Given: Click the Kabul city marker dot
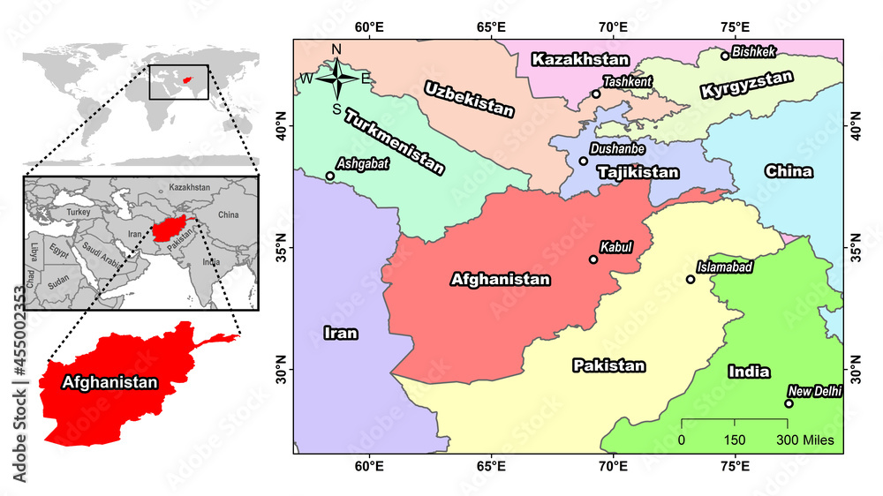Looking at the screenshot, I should [593, 259].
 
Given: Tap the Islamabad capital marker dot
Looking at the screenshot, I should [691, 280].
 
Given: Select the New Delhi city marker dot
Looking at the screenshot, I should [789, 403].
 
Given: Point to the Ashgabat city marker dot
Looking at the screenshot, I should [330, 176].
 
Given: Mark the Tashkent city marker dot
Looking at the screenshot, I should [596, 94].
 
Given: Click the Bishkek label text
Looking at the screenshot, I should [754, 52].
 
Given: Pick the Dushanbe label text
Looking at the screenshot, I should [617, 151].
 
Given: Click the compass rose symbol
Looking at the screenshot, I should [336, 79].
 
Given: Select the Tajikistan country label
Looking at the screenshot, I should [638, 173].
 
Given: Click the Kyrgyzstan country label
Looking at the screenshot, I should [746, 86].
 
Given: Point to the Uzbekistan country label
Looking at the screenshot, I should [468, 99].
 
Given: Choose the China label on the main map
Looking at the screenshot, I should [789, 171].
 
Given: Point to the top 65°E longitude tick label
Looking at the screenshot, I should [491, 26].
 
